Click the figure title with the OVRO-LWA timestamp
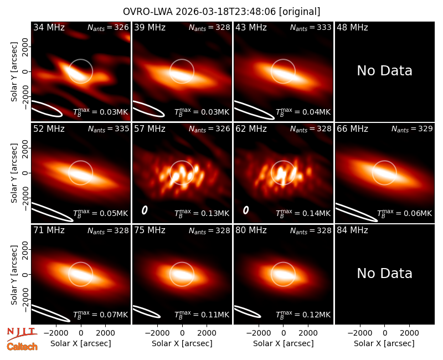[221, 12]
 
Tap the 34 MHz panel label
[49, 27]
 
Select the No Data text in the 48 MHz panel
[384, 71]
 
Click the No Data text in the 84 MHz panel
[384, 273]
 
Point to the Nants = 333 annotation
[311, 28]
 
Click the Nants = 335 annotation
[108, 129]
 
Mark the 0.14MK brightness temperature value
[303, 213]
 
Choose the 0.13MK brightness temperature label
[202, 213]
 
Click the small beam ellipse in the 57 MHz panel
[145, 210]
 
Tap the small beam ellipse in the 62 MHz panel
[246, 210]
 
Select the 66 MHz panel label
[352, 129]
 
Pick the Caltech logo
[22, 347]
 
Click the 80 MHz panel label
[251, 230]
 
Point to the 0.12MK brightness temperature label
[303, 315]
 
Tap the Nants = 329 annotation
[412, 129]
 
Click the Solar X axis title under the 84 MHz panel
[384, 343]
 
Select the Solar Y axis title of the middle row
[14, 173]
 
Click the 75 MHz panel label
[150, 230]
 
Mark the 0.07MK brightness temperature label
[101, 315]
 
